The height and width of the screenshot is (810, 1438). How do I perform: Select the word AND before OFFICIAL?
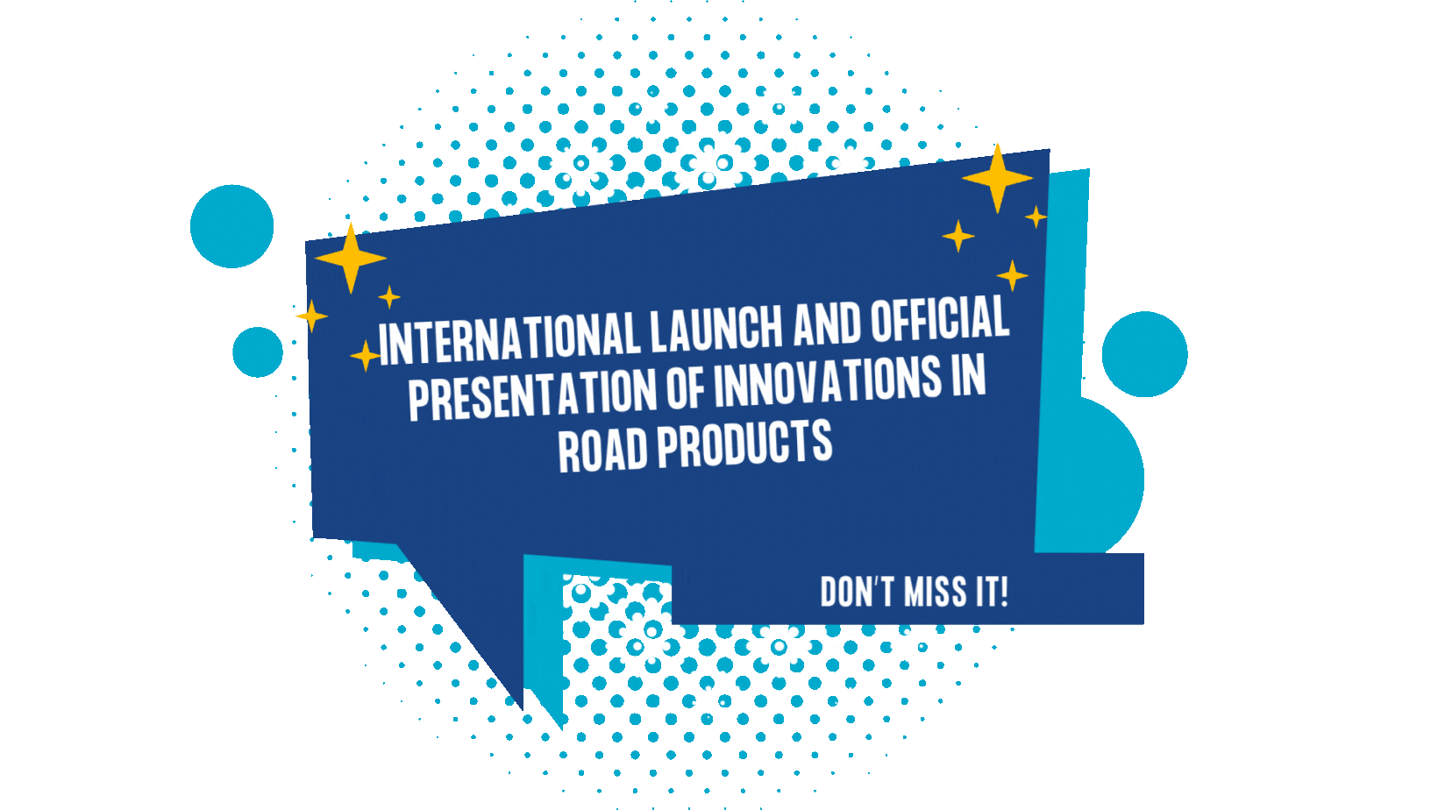[x=827, y=323]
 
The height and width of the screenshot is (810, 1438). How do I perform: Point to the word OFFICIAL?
[x=940, y=317]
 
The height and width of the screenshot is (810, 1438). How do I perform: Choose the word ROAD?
[x=602, y=451]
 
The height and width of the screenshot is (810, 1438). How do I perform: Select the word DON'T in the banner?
[x=857, y=592]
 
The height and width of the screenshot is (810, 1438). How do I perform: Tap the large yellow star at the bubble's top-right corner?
[x=997, y=179]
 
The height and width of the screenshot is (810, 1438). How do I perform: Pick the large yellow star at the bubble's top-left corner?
[x=351, y=258]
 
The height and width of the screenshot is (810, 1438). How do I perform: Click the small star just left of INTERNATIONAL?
[x=366, y=356]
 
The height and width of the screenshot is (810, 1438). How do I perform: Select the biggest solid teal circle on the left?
[x=231, y=226]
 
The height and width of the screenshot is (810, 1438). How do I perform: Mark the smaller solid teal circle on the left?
[x=258, y=352]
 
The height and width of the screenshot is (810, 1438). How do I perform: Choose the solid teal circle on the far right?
[x=1144, y=354]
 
